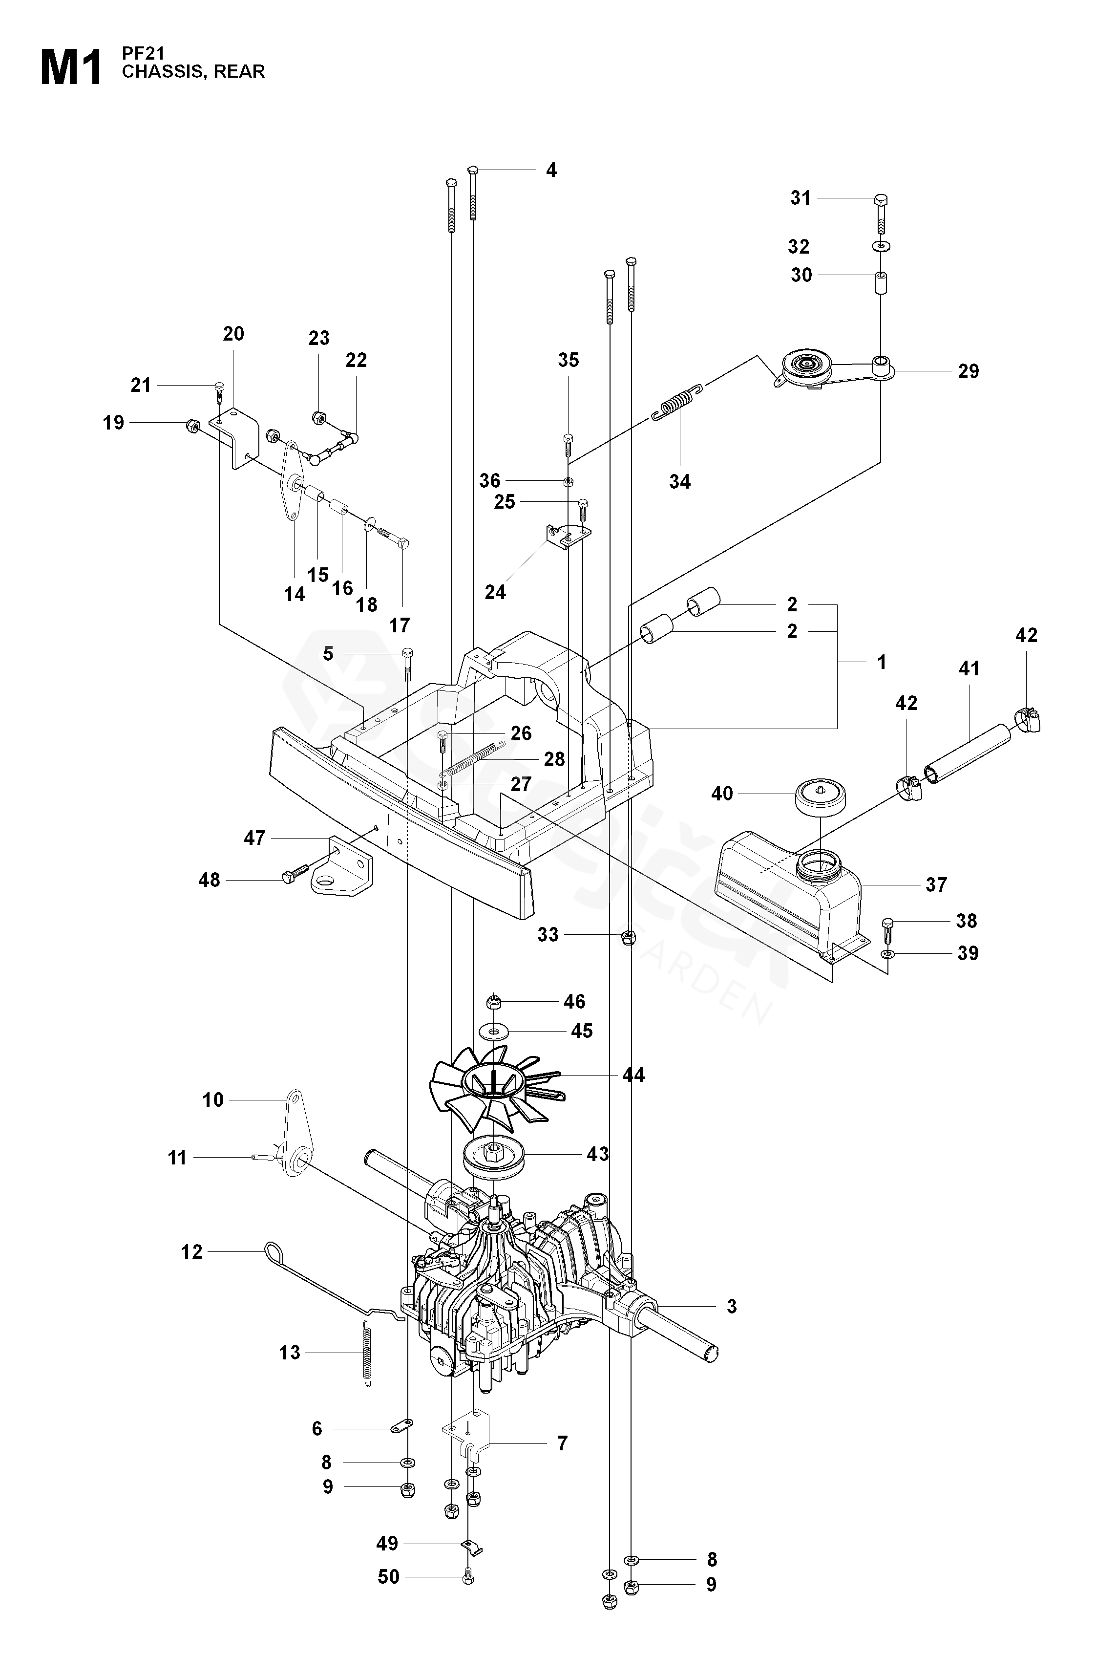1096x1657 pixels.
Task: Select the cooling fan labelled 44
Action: (495, 1086)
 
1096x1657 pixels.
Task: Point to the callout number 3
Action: (732, 1305)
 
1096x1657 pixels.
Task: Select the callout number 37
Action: (936, 884)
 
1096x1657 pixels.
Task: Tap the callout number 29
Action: (968, 371)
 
